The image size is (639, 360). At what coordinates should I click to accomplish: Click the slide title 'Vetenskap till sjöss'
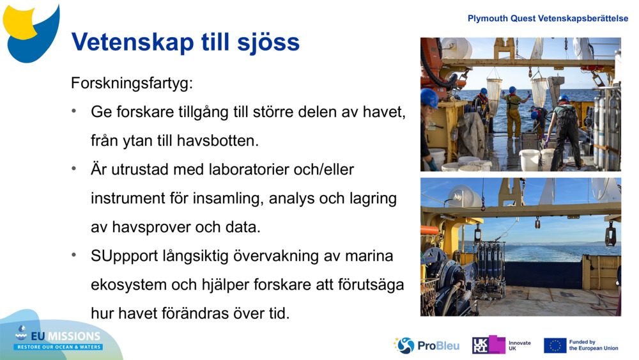tap(185, 42)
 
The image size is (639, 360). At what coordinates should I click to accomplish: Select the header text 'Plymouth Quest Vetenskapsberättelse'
tap(548, 19)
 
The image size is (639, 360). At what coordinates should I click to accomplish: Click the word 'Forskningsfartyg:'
tap(131, 83)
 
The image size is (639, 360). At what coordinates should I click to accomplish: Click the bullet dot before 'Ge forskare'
tap(75, 111)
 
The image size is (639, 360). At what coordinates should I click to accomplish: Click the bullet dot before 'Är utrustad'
tap(75, 169)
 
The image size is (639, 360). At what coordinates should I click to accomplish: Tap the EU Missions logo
tap(58, 338)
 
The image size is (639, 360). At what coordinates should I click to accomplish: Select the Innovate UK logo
tap(502, 345)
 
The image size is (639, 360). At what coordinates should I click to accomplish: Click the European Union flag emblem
tap(555, 345)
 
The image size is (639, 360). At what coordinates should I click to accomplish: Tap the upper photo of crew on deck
tap(520, 104)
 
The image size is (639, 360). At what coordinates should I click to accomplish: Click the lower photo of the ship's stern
tap(520, 247)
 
